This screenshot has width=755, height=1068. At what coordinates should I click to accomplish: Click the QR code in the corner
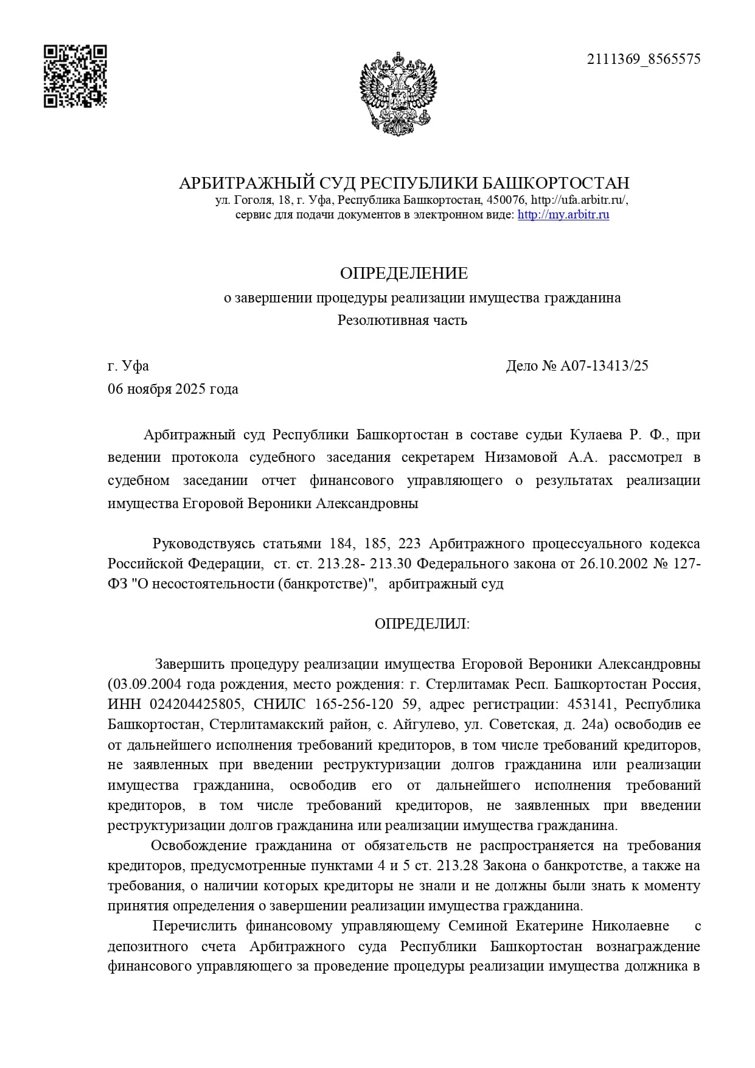[75, 77]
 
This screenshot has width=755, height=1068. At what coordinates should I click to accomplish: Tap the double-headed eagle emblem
[398, 92]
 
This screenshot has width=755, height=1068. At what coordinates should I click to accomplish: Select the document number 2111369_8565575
[643, 59]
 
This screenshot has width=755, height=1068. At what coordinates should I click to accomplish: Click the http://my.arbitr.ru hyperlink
[563, 215]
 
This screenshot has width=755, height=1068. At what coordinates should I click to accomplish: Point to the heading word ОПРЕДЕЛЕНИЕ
[403, 273]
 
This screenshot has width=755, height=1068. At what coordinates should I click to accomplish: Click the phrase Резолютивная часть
[402, 320]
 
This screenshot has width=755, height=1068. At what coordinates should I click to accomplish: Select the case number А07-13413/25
[604, 366]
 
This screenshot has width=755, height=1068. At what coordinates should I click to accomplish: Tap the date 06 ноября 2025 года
[173, 389]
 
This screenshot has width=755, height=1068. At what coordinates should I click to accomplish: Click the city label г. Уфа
[128, 366]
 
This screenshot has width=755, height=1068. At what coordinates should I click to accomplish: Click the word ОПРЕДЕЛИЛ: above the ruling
[422, 624]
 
